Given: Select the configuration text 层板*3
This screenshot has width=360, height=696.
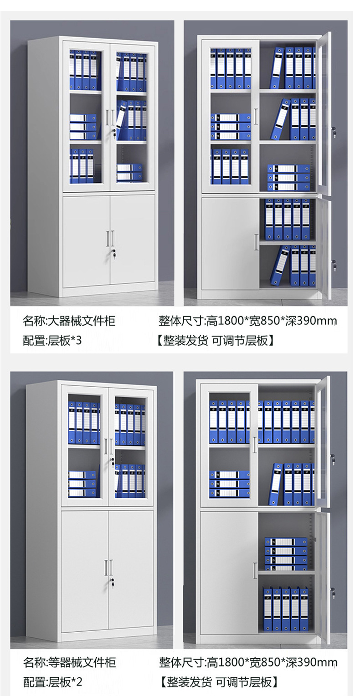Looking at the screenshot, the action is click(65, 340).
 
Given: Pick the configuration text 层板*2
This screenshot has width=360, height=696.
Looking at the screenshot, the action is click(65, 682).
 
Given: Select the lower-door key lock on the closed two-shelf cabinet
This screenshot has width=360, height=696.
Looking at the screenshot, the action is click(112, 582).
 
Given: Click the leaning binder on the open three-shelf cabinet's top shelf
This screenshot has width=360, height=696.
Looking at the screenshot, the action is click(277, 68).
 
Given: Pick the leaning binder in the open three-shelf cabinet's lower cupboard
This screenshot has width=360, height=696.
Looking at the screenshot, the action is click(279, 266).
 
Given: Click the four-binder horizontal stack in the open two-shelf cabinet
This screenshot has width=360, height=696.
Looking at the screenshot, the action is click(286, 554).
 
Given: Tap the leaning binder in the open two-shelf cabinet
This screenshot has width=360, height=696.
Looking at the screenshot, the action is click(276, 484).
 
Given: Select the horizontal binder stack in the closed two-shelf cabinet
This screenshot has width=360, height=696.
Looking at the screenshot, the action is click(82, 484).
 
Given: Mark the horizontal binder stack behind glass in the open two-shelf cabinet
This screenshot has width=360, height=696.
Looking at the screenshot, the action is click(230, 484).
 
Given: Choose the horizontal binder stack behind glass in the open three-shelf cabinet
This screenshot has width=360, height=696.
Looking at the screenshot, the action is click(230, 126).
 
